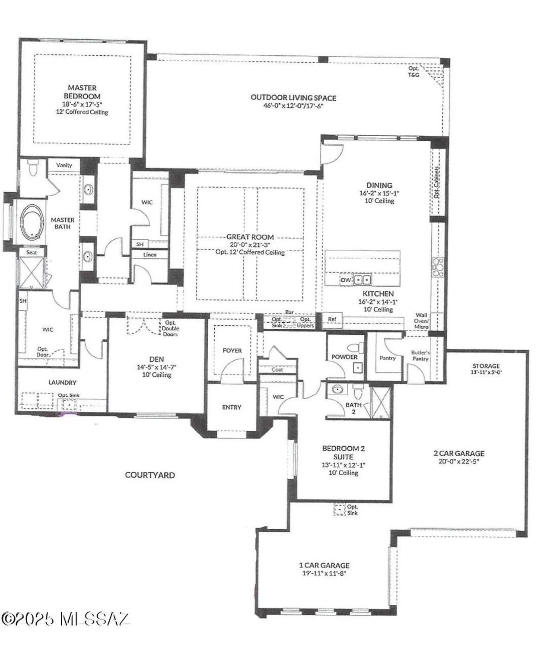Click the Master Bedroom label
tap(82, 92)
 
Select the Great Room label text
tap(250, 237)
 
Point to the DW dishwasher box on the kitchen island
tap(346, 280)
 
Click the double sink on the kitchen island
tap(363, 280)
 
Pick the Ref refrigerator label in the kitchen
tap(332, 319)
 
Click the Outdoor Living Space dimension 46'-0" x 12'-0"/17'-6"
tap(293, 105)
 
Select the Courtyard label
tap(150, 475)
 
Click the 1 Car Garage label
tap(324, 565)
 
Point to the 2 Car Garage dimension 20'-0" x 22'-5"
tap(458, 461)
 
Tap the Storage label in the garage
tap(486, 365)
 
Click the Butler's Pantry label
tap(420, 356)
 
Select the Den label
tap(156, 359)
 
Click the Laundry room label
tap(62, 382)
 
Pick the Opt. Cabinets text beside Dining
tap(437, 182)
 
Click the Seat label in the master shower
tap(32, 252)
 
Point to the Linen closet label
tap(150, 254)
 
